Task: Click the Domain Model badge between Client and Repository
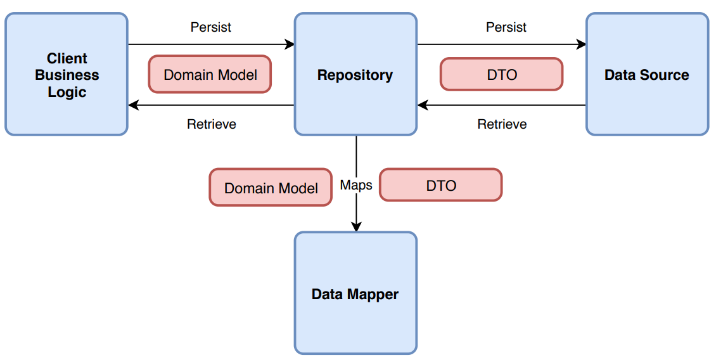[x=210, y=75]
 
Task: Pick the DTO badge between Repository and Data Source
[x=501, y=75]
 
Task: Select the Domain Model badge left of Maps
[x=271, y=188]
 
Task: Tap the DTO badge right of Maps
[x=440, y=186]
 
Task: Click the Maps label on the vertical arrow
[x=356, y=185]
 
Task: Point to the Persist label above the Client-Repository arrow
[x=211, y=27]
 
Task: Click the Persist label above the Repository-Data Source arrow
[x=506, y=27]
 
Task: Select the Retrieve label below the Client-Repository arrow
[x=212, y=124]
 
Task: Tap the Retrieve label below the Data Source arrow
[x=502, y=124]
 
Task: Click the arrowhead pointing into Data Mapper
[x=356, y=226]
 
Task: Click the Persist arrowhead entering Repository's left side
[x=290, y=44]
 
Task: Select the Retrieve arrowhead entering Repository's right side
[x=423, y=105]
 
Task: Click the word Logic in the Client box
[x=67, y=92]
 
